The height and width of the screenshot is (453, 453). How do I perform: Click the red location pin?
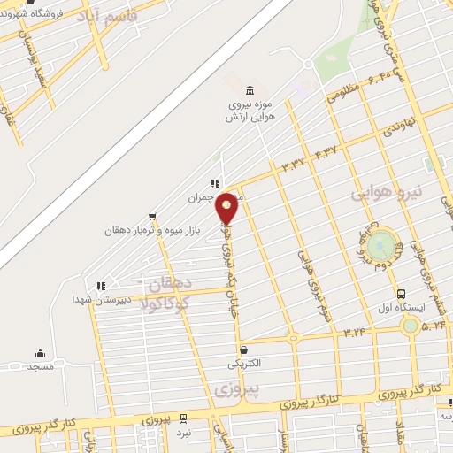coord(227,209)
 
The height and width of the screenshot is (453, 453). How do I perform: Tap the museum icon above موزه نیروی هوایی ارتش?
coord(250,90)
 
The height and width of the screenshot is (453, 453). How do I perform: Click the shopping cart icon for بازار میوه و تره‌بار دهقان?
coord(154,216)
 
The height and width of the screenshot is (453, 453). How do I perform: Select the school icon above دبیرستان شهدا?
coord(101,286)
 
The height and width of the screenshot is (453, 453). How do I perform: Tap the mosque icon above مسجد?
coord(40,353)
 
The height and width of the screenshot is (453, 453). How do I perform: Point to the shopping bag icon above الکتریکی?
coord(244,350)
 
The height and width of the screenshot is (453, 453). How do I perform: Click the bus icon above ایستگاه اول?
coord(402,295)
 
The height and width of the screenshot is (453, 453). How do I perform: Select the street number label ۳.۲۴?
coord(355,332)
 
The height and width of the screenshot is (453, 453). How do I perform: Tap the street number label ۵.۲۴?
coord(434,326)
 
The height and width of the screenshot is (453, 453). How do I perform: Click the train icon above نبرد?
coord(183,418)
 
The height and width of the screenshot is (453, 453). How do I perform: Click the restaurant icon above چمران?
coord(215,183)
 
